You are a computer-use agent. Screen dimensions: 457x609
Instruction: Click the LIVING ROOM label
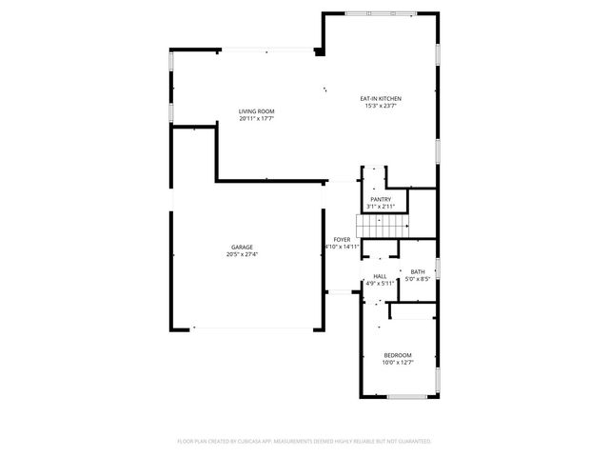pyautogui.click(x=256, y=112)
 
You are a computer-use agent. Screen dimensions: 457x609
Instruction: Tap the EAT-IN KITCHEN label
pyautogui.click(x=381, y=99)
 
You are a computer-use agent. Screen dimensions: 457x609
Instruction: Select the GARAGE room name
pyautogui.click(x=241, y=248)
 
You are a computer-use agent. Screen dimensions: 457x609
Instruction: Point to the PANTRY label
pyautogui.click(x=381, y=199)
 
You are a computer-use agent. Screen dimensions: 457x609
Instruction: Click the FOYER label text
pyautogui.click(x=342, y=239)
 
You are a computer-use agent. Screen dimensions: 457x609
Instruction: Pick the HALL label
pyautogui.click(x=380, y=276)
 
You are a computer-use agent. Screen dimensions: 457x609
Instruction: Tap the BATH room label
pyautogui.click(x=418, y=272)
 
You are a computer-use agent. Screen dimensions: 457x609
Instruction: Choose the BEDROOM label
pyautogui.click(x=398, y=355)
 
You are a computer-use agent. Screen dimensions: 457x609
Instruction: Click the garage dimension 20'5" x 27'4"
pyautogui.click(x=241, y=255)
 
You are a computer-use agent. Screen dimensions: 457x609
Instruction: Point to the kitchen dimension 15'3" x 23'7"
pyautogui.click(x=381, y=106)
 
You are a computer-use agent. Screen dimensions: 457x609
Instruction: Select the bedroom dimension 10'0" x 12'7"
pyautogui.click(x=398, y=363)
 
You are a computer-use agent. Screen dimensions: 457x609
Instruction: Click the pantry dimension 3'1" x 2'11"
pyautogui.click(x=381, y=207)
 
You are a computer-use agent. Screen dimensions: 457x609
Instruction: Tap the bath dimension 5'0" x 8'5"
pyautogui.click(x=418, y=279)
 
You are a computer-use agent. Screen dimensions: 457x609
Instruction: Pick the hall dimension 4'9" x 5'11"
pyautogui.click(x=380, y=283)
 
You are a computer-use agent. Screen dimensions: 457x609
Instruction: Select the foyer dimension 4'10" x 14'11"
pyautogui.click(x=342, y=247)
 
